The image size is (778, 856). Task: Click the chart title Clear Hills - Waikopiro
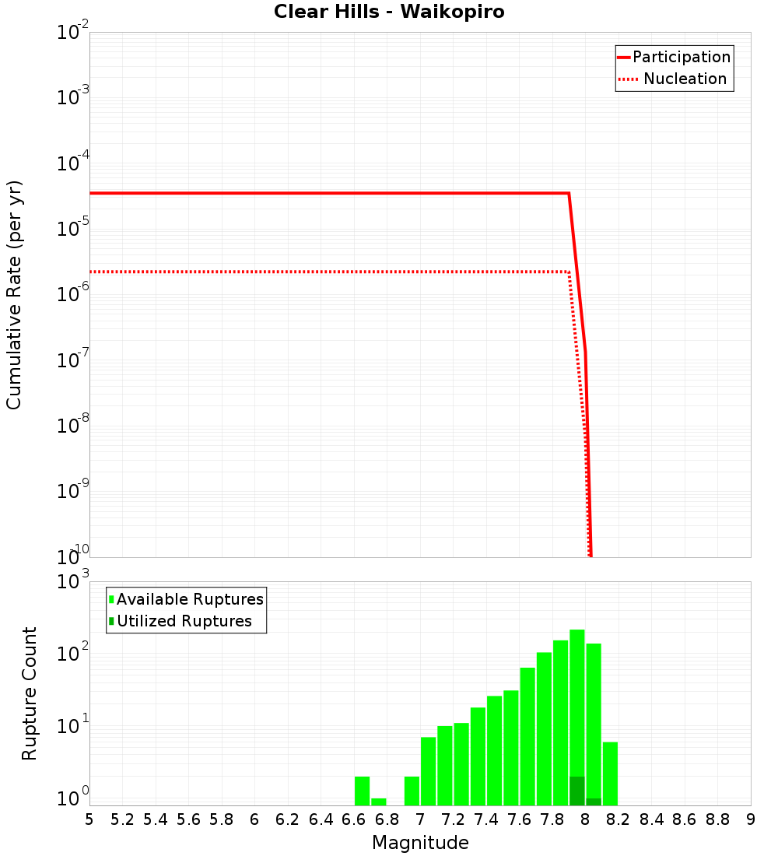[x=389, y=12]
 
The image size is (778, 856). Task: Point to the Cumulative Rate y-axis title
[x=14, y=294]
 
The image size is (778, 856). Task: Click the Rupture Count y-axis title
[x=30, y=693]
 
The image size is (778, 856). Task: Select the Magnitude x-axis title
[x=420, y=843]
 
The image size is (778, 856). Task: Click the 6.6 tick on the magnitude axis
[x=353, y=819]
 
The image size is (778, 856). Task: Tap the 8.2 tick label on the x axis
[x=618, y=819]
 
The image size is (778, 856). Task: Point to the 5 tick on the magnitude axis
[x=89, y=819]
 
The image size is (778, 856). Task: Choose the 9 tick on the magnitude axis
[x=750, y=819]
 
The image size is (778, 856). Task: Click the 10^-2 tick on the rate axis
[x=72, y=33]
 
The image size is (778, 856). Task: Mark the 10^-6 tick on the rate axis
[x=72, y=296]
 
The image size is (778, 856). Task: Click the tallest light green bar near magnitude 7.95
[x=576, y=700]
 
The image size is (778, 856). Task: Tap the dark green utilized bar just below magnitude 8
[x=576, y=791]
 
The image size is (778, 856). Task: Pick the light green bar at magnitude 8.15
[x=610, y=774]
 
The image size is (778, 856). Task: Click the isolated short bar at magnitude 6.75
[x=378, y=802]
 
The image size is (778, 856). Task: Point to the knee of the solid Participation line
[x=569, y=193]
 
